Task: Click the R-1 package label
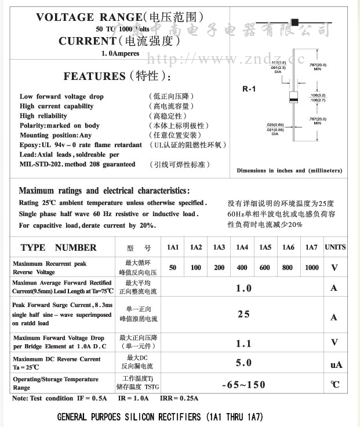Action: tap(249, 89)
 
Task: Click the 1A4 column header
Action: tap(242, 248)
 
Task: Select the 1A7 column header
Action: tap(311, 248)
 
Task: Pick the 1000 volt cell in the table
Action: tap(311, 268)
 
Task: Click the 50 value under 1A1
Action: tap(173, 268)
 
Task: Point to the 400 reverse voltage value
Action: tap(242, 268)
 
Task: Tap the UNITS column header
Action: tap(334, 247)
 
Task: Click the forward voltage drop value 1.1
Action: tap(243, 344)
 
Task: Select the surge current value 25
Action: tap(243, 314)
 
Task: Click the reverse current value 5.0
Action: tap(243, 363)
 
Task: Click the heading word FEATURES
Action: tap(94, 76)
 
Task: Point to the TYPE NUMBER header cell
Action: tap(59, 248)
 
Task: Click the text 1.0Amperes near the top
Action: tap(119, 53)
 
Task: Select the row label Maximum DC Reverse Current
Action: tap(57, 359)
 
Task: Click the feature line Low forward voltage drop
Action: tap(61, 97)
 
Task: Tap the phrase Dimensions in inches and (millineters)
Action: tap(289, 170)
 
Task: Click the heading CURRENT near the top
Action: tap(87, 41)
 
